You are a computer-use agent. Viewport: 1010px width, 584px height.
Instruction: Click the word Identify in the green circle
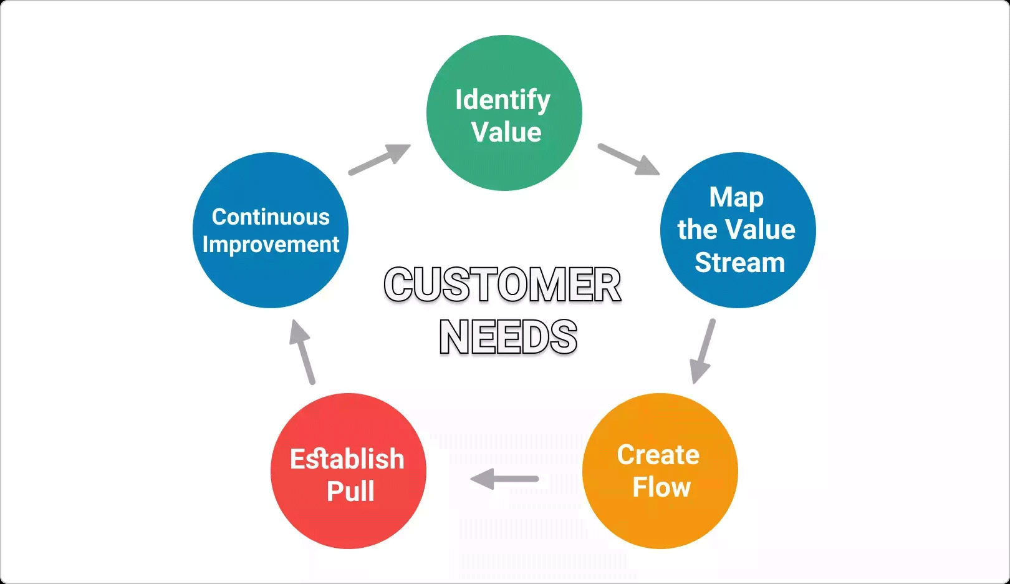tap(503, 100)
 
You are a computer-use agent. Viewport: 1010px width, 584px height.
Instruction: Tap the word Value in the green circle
tap(506, 132)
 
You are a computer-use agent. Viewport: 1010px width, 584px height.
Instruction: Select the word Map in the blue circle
tap(736, 198)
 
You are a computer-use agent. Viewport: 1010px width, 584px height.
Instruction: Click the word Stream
tap(739, 263)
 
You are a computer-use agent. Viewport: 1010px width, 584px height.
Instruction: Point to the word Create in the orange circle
tap(658, 455)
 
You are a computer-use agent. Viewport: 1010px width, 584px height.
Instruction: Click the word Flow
tap(661, 487)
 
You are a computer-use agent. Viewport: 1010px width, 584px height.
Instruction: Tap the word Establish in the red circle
tap(347, 459)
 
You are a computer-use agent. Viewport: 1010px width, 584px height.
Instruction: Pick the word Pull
tap(350, 492)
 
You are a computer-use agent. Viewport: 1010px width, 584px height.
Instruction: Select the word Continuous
tap(271, 217)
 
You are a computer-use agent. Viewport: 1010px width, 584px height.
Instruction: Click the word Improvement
tap(271, 245)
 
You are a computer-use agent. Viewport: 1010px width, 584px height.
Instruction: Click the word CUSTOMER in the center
tap(503, 285)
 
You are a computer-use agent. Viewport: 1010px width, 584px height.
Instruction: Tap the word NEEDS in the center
tap(508, 338)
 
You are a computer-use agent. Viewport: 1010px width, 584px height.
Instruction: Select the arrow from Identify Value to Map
tap(628, 159)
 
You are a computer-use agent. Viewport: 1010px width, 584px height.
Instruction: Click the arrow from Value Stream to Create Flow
tap(703, 351)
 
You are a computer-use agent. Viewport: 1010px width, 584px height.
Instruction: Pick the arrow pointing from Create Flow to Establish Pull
tap(504, 479)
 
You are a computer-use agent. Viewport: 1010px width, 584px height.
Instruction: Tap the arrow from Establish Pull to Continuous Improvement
tap(302, 352)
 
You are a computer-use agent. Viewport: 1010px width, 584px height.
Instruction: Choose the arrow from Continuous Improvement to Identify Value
tap(379, 159)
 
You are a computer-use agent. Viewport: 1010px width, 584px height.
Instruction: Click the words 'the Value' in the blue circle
tap(736, 230)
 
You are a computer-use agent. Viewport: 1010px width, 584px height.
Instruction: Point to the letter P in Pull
tap(334, 492)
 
